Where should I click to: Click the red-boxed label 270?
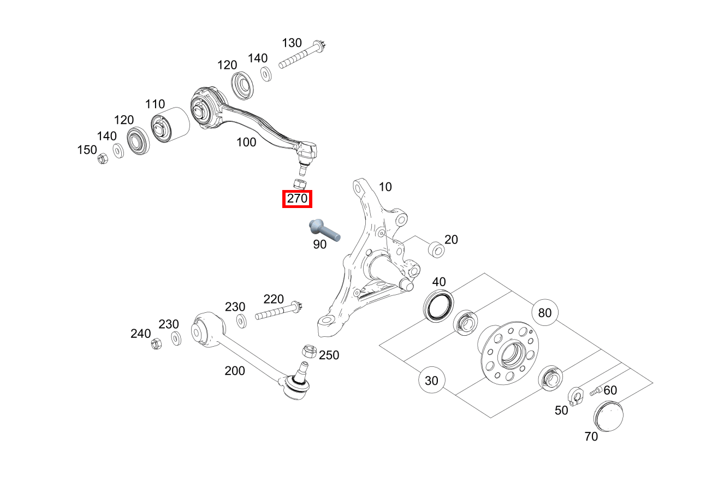[x=297, y=199]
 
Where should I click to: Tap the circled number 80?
[x=545, y=313]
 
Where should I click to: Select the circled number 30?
[x=431, y=381]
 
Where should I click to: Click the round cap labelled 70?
[x=607, y=417]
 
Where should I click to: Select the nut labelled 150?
[x=102, y=159]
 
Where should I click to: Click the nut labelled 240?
[x=155, y=344]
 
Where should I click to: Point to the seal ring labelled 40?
[x=439, y=305]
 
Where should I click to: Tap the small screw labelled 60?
[x=595, y=391]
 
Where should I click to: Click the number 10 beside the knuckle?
[x=385, y=187]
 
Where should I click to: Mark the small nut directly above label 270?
[x=300, y=182]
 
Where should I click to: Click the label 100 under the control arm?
[x=246, y=142]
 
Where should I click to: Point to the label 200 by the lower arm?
[x=235, y=371]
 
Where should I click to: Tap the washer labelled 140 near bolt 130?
[x=266, y=74]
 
